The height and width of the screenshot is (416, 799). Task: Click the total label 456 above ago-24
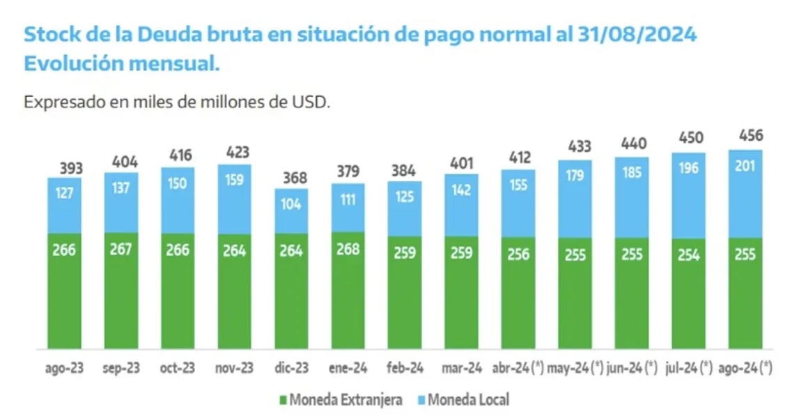(x=745, y=135)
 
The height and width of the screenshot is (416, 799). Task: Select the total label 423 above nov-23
(x=235, y=151)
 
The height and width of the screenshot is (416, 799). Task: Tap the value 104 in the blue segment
(x=291, y=203)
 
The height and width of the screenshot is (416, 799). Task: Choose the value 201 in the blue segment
(x=745, y=166)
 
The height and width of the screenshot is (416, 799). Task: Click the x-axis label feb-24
(x=405, y=367)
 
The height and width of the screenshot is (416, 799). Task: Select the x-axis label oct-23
(x=178, y=367)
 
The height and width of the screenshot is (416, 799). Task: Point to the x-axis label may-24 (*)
(x=575, y=367)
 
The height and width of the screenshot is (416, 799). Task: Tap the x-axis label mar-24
(x=461, y=367)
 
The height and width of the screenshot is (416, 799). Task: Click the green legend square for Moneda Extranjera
(x=283, y=400)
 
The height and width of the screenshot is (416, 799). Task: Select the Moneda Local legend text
(x=468, y=400)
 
